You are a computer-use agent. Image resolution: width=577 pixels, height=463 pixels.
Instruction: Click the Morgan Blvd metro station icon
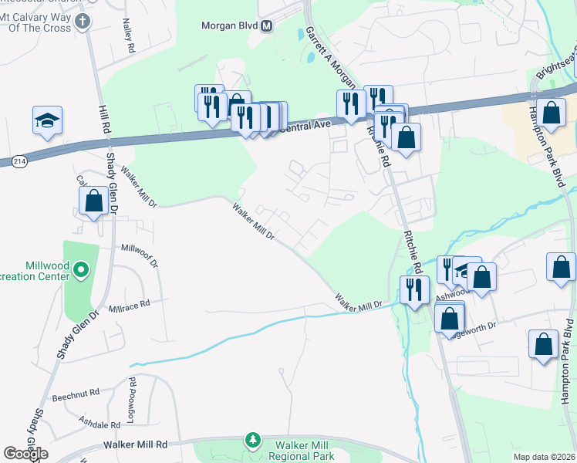coord(267,26)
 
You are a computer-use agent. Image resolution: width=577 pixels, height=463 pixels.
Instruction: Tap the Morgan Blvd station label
coord(228,26)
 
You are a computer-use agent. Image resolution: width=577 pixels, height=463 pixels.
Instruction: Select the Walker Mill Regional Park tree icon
coord(252,441)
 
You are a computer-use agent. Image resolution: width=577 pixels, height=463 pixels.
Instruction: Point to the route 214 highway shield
coord(20,161)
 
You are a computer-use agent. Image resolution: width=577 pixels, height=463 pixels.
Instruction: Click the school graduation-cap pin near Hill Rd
coord(47,120)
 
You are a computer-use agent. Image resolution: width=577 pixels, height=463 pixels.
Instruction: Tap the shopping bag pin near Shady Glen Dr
coord(93,201)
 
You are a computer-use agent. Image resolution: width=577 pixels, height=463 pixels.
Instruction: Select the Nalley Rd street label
coord(129,38)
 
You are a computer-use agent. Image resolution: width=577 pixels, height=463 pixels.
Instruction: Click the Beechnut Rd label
coord(76,394)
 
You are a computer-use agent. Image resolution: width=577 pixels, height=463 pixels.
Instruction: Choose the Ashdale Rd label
coord(100,423)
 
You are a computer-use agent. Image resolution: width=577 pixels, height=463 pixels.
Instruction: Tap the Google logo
coord(25,454)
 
